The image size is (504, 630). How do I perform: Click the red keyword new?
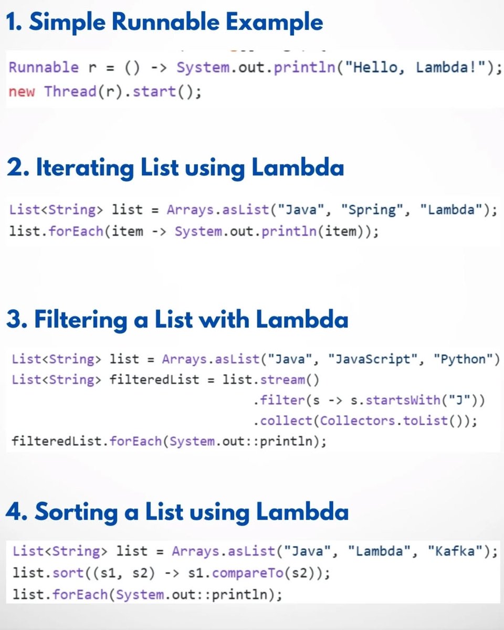[22, 91]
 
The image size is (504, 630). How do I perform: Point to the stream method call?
[286, 380]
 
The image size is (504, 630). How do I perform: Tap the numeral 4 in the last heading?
[15, 512]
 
